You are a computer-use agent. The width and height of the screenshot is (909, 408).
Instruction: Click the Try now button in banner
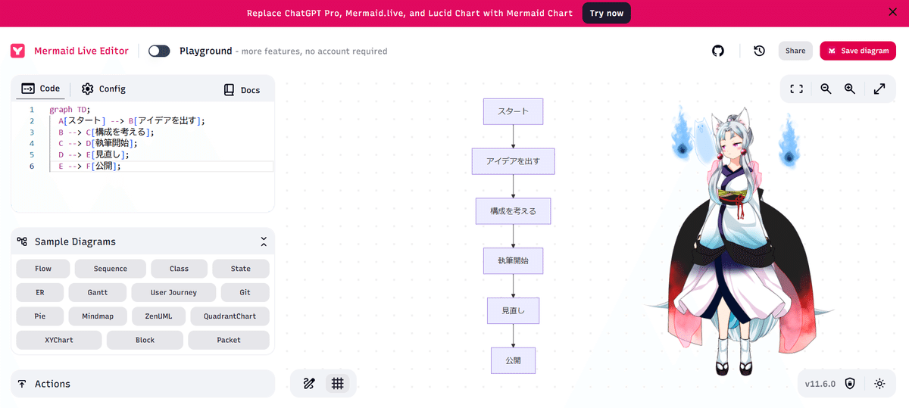(606, 13)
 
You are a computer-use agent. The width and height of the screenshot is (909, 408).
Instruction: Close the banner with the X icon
(892, 12)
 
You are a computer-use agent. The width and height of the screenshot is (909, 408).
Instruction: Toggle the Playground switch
(159, 51)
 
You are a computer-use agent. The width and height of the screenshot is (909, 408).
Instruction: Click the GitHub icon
(718, 51)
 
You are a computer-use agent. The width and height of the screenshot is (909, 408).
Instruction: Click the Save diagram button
(857, 51)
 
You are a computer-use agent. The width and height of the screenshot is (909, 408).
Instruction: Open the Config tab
(104, 89)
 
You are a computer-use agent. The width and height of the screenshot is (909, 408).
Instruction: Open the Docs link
(242, 90)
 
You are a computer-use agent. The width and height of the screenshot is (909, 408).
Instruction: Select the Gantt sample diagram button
(97, 292)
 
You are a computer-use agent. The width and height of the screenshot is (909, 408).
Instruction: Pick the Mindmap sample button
(97, 316)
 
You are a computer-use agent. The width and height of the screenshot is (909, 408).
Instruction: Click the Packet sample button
(228, 340)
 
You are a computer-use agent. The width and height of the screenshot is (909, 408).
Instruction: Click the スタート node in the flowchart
(513, 111)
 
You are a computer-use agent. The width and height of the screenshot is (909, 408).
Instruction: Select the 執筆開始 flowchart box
(513, 260)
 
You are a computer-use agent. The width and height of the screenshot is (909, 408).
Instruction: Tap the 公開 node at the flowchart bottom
(513, 360)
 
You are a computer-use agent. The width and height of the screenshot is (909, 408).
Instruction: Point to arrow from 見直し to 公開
(513, 335)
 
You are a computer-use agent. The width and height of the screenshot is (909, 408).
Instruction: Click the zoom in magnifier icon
(850, 89)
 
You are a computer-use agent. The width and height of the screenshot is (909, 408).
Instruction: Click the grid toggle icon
(338, 383)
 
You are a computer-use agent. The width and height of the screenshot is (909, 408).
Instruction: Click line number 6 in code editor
(32, 166)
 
